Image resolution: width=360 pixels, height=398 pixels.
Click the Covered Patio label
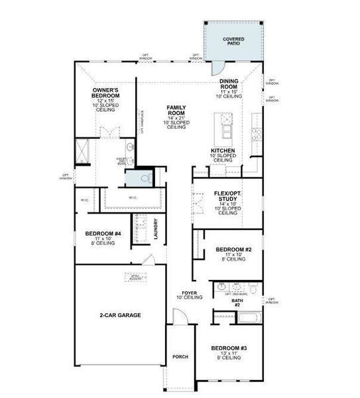click(x=233, y=41)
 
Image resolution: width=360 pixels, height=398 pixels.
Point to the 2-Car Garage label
click(x=120, y=315)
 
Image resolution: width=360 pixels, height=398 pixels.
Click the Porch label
click(x=180, y=357)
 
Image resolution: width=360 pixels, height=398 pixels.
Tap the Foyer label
click(x=189, y=293)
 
